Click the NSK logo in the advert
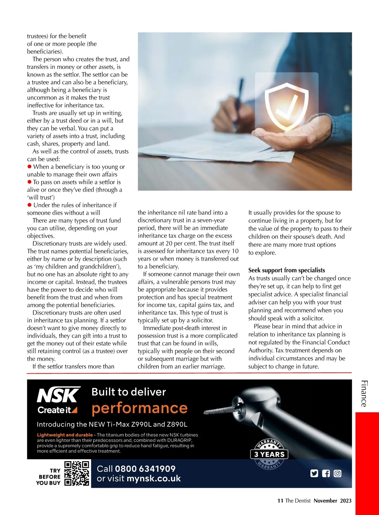pyautogui.click(x=59, y=395)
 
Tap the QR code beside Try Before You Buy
pyautogui.click(x=77, y=474)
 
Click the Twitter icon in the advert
pyautogui.click(x=314, y=474)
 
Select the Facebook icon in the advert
pyautogui.click(x=326, y=474)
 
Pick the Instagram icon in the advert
pyautogui.click(x=338, y=474)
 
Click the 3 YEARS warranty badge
pyautogui.click(x=269, y=455)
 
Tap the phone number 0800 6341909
pyautogui.click(x=145, y=469)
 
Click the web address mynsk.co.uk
pyautogui.click(x=153, y=478)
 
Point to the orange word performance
pyautogui.click(x=140, y=408)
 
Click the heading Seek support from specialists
pyautogui.click(x=286, y=270)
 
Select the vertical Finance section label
pyautogui.click(x=364, y=394)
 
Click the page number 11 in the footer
pyautogui.click(x=280, y=501)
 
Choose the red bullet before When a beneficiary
pyautogui.click(x=30, y=167)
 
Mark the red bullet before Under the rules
pyautogui.click(x=30, y=205)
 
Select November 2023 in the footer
pyautogui.click(x=333, y=501)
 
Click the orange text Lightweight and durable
pyautogui.click(x=65, y=435)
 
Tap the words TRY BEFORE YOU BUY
pyautogui.click(x=49, y=477)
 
